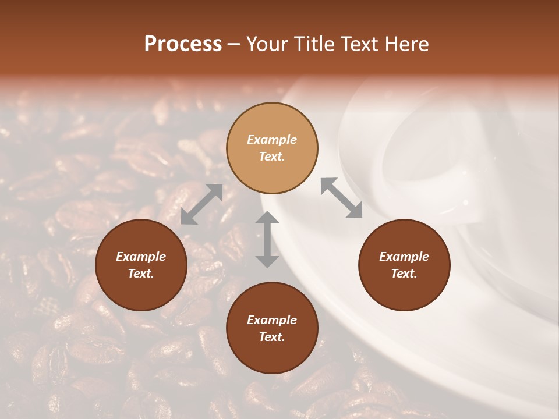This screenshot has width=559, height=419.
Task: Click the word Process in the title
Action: click(183, 44)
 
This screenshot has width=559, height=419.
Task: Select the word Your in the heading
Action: click(268, 44)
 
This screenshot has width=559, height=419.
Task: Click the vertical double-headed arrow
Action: click(267, 239)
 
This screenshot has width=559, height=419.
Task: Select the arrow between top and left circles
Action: click(201, 204)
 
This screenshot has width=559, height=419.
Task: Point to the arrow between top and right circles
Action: click(342, 198)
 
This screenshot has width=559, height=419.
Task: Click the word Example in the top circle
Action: click(272, 140)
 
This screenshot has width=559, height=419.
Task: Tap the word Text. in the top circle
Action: click(272, 157)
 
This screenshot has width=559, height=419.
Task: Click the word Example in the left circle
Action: click(141, 257)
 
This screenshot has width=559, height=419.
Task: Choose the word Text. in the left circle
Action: click(141, 274)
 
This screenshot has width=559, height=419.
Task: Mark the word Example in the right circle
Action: click(404, 257)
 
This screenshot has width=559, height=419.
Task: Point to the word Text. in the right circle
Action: click(404, 274)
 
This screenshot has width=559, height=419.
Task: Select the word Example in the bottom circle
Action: click(272, 320)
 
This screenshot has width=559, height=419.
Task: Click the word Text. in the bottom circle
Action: click(272, 337)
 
